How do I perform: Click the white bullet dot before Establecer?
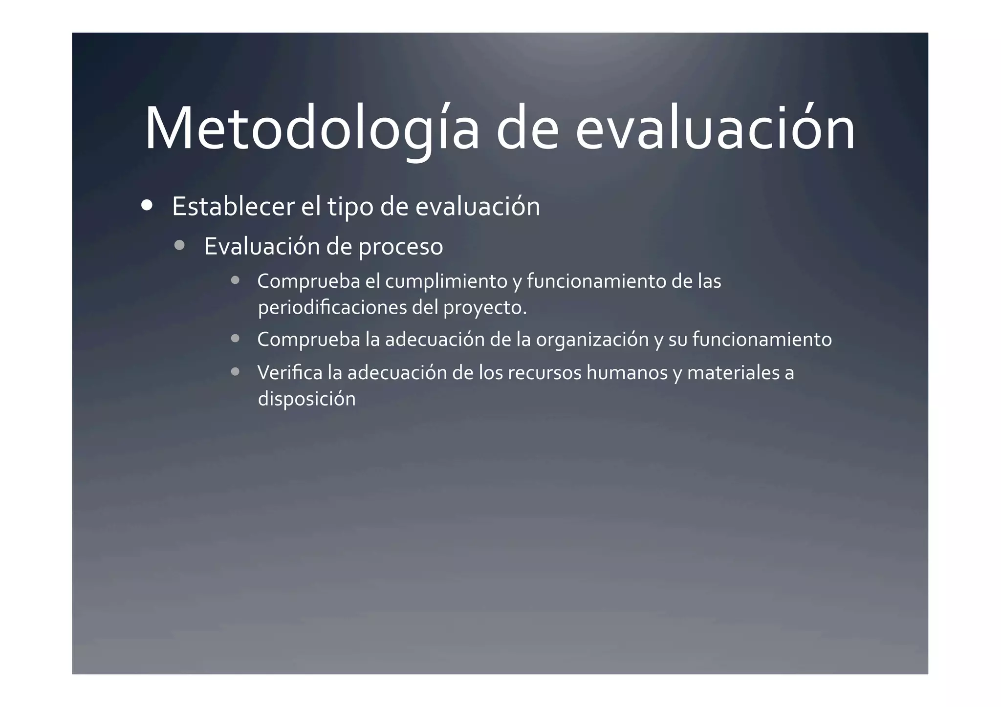[x=146, y=205]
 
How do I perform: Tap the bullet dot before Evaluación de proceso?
[x=179, y=245]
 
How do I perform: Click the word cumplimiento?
[x=446, y=281]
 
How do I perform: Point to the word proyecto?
[x=483, y=308]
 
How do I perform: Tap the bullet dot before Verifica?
[x=235, y=372]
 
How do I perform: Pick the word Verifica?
[x=290, y=373]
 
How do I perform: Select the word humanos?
[x=627, y=373]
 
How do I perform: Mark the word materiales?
[x=733, y=373]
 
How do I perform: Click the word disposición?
[x=306, y=399]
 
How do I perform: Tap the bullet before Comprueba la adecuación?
[x=235, y=339]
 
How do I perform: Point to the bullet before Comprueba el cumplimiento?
[x=235, y=280]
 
